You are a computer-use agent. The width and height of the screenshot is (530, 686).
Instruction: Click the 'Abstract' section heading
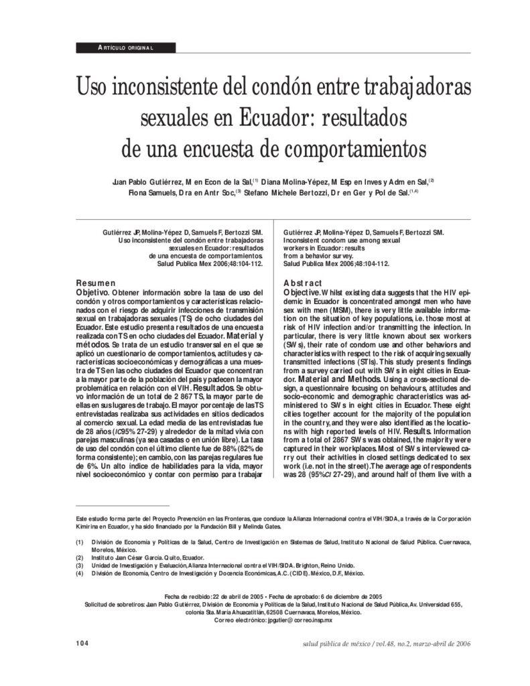click(303, 283)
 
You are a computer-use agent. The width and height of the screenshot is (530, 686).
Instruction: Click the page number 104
click(82, 644)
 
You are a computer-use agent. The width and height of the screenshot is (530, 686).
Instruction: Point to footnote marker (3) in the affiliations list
click(80, 565)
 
